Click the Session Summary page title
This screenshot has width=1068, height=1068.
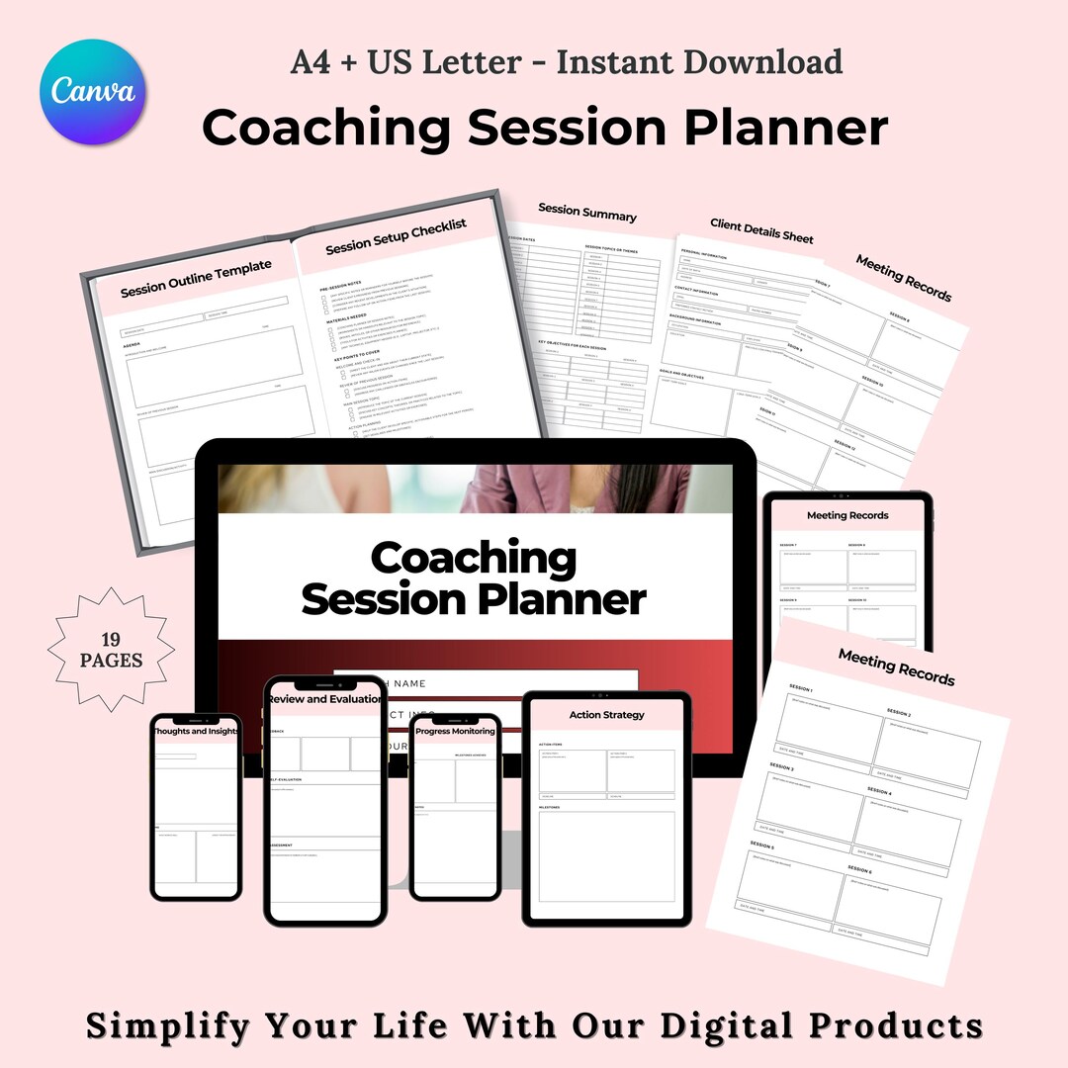pos(587,212)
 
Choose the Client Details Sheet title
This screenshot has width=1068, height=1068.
pos(761,231)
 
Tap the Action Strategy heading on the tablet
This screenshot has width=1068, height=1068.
pos(606,715)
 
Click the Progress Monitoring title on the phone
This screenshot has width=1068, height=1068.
pos(455,732)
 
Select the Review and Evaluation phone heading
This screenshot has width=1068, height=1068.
pos(324,699)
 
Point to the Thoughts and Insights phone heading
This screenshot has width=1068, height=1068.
pos(195,732)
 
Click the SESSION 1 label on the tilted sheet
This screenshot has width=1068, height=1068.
pos(801,688)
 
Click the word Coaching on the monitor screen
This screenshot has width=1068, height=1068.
pos(473,559)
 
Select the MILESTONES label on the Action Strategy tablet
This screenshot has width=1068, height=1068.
pos(550,808)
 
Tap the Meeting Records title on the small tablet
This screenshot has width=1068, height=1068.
pos(847,515)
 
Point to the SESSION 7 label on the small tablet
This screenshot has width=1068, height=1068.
pos(788,545)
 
